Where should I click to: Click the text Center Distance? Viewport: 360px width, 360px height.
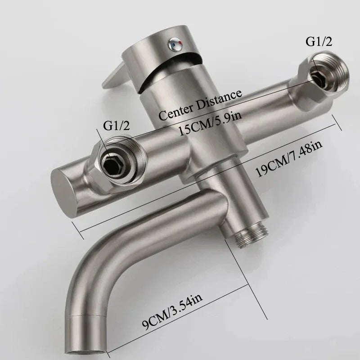[201, 103]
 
